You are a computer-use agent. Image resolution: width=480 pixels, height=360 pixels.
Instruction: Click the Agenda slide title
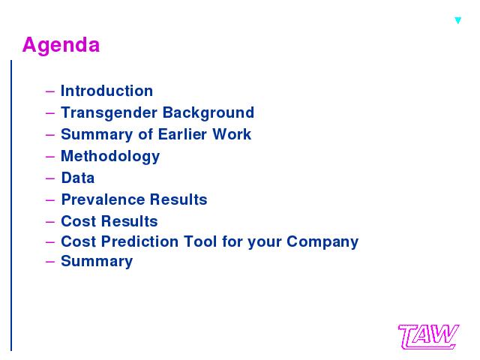coord(61,46)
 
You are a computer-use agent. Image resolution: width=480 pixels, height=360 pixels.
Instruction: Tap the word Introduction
coord(106,91)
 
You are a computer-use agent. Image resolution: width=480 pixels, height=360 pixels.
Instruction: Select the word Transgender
coord(109,113)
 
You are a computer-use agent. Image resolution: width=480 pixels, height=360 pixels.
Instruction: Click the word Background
coord(208,113)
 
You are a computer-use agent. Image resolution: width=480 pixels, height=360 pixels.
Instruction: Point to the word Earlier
coord(182,134)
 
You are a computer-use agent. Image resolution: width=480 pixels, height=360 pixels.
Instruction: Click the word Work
coord(232,134)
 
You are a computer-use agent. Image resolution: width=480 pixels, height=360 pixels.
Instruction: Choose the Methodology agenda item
coord(110,157)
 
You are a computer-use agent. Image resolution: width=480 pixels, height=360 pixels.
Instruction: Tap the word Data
coord(78,178)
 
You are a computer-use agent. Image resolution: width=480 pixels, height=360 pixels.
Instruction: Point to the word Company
coord(322,242)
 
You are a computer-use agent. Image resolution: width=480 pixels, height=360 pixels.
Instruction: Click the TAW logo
coord(428,337)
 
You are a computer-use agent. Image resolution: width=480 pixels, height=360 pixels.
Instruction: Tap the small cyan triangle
coord(458,20)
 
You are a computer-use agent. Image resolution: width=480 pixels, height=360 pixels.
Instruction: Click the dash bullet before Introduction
coord(50,91)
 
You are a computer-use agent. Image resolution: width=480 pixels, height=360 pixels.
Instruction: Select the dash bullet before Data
coord(50,178)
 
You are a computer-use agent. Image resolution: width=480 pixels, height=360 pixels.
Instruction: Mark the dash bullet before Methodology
coord(50,157)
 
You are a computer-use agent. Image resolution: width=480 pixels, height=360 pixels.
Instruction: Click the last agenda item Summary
coord(97,262)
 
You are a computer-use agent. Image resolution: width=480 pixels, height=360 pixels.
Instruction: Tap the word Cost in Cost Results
coord(79,221)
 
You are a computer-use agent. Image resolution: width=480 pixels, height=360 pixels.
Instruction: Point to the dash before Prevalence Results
coord(50,200)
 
